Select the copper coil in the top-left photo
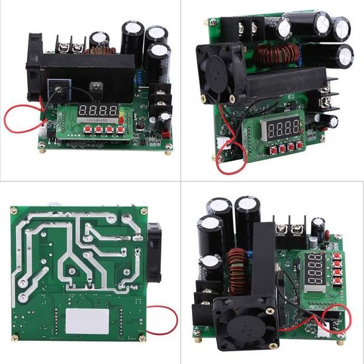pyautogui.click(x=99, y=50)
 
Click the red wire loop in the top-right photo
pyautogui.click(x=228, y=159)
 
